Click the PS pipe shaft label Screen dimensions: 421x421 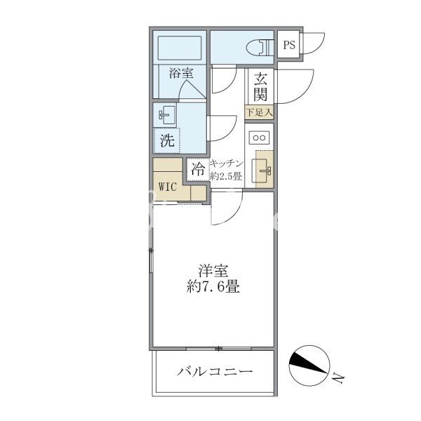pos(289,45)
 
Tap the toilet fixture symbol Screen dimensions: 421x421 pos(260,47)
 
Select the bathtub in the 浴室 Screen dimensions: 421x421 pos(180,48)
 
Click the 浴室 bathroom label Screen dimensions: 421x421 pos(181,73)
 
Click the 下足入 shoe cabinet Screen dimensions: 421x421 pos(259,112)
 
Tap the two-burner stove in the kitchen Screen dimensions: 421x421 pos(259,138)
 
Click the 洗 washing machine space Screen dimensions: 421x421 pos(167,140)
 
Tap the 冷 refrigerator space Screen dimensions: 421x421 pos(198,170)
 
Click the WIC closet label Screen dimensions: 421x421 pos(167,187)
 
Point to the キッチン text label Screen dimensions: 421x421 pos(227,163)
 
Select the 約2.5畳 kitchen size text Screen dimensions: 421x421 pos(226,176)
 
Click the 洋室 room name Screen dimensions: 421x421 pos(213,271)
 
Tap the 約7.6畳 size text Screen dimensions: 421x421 pos(213,287)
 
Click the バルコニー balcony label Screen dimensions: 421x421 pos(215,372)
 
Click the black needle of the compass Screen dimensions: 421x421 pos(309,363)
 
